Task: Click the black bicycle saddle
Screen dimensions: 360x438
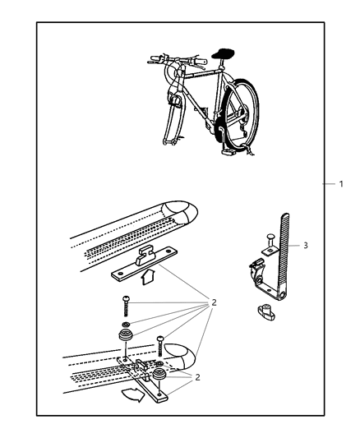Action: (223, 53)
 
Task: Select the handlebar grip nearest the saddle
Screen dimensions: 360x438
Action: (201, 61)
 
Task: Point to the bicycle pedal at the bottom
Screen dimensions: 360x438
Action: (228, 151)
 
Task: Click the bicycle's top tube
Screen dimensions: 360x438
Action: (201, 74)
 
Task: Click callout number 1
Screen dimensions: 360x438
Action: (341, 184)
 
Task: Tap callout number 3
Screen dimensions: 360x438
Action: (306, 245)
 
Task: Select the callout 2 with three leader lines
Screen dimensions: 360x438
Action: (197, 377)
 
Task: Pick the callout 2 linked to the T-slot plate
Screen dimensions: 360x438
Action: (214, 302)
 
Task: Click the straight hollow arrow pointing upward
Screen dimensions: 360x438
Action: (147, 277)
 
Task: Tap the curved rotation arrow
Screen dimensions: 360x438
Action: (133, 395)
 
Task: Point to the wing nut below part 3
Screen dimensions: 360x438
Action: (265, 312)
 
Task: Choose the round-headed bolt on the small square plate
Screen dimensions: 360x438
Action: (271, 240)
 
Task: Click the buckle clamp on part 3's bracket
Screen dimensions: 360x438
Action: (256, 270)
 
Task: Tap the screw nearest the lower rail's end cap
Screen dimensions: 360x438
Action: (159, 346)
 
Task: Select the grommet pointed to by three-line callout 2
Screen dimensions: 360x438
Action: (159, 374)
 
